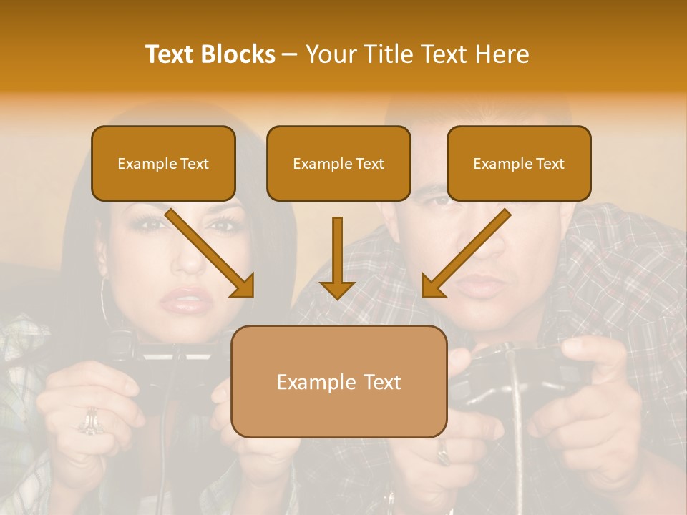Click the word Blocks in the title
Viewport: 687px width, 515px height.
239,54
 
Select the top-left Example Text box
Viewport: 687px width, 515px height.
163,163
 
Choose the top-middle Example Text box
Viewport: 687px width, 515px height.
338,163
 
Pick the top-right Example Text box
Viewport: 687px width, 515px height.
519,163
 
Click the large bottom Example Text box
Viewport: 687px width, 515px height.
338,381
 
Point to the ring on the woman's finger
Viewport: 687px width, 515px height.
90,421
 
